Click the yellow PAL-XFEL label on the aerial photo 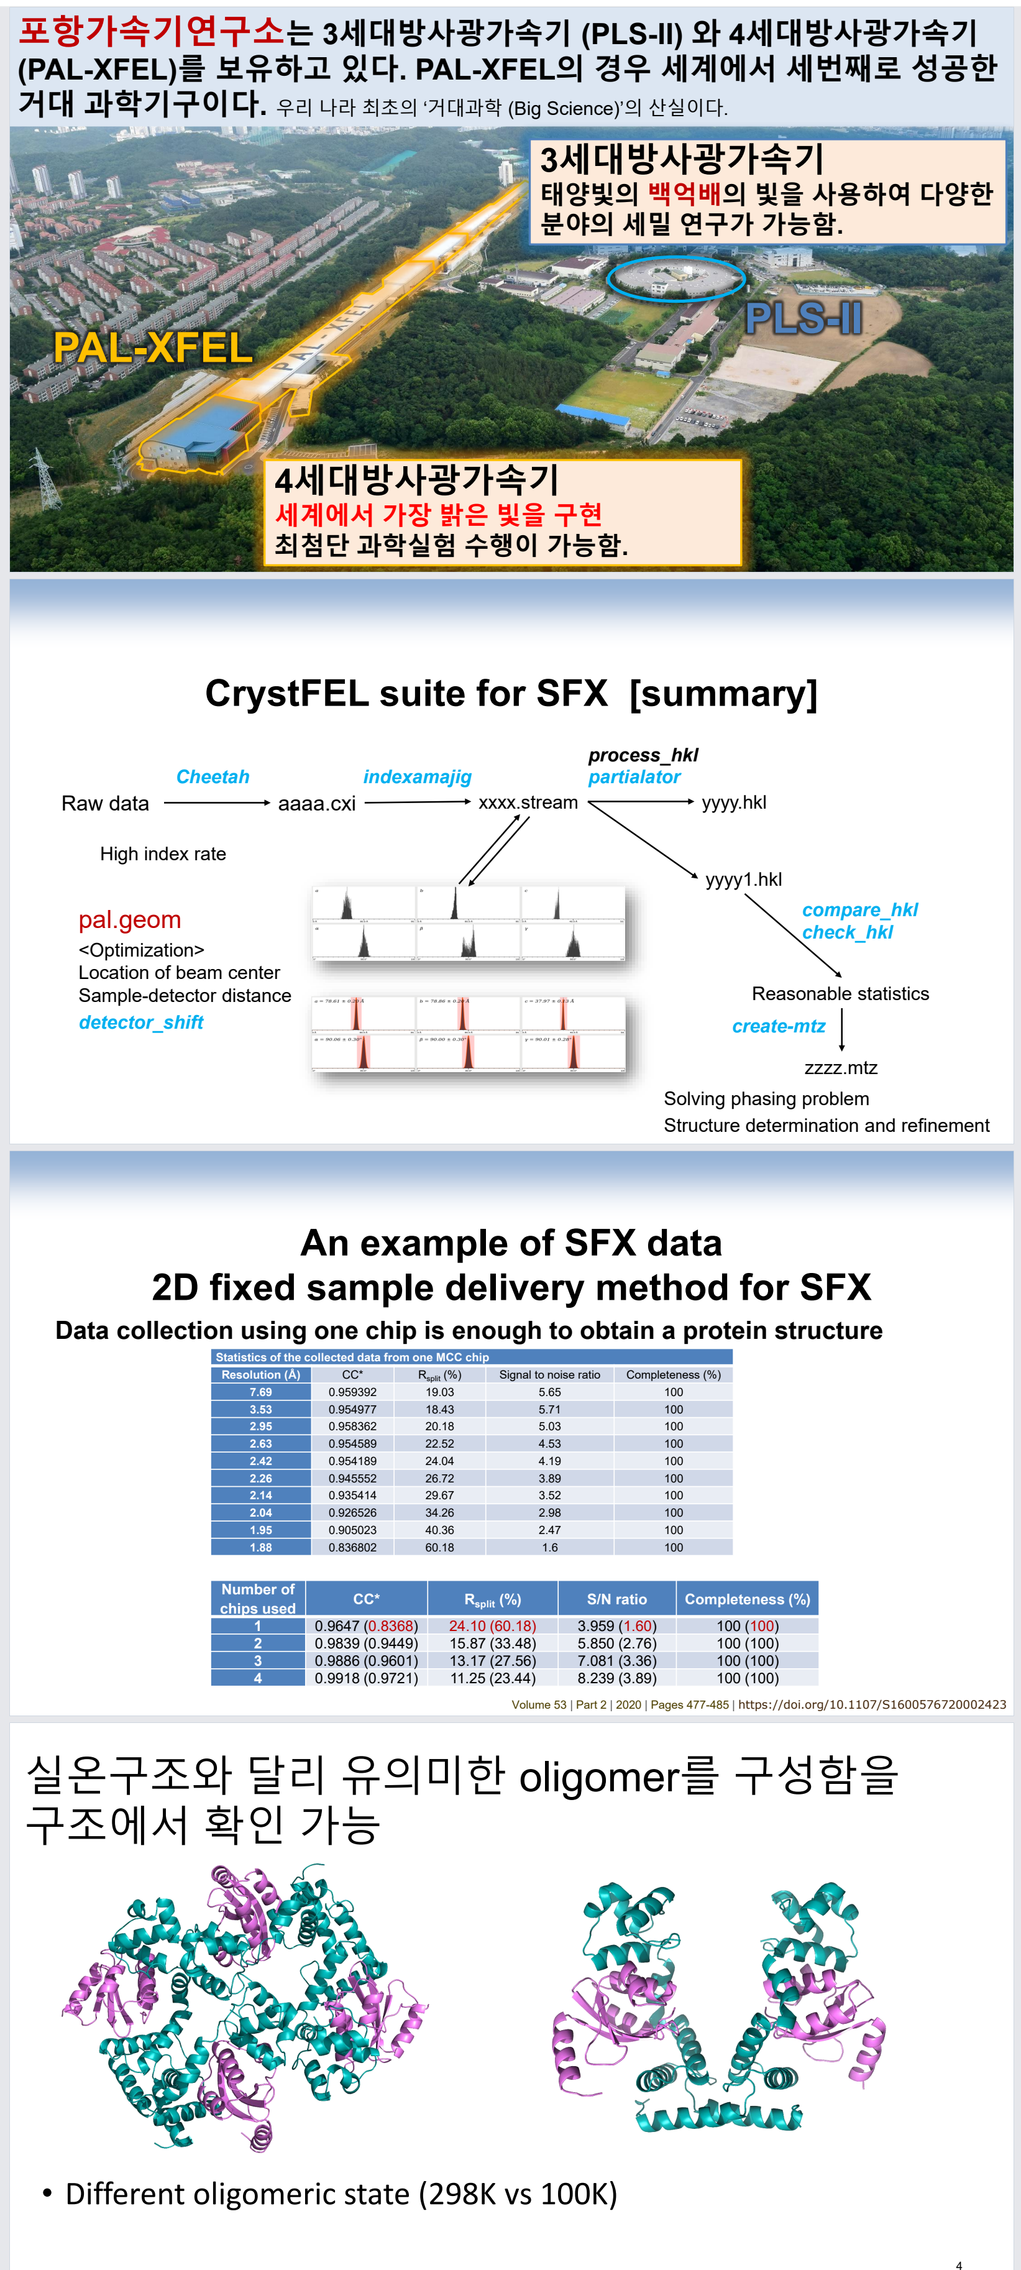(152, 347)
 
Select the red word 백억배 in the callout (684, 194)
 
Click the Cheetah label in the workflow (213, 776)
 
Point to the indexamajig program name (417, 776)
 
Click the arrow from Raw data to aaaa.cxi (216, 803)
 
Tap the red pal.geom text (129, 919)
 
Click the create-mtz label (778, 1026)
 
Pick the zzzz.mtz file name (840, 1067)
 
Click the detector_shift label (141, 1022)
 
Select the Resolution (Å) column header (261, 1375)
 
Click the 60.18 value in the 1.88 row (439, 1547)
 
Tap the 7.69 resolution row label (261, 1392)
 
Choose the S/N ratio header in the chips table (616, 1599)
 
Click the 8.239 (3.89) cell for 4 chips (616, 1678)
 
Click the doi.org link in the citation (871, 1704)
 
